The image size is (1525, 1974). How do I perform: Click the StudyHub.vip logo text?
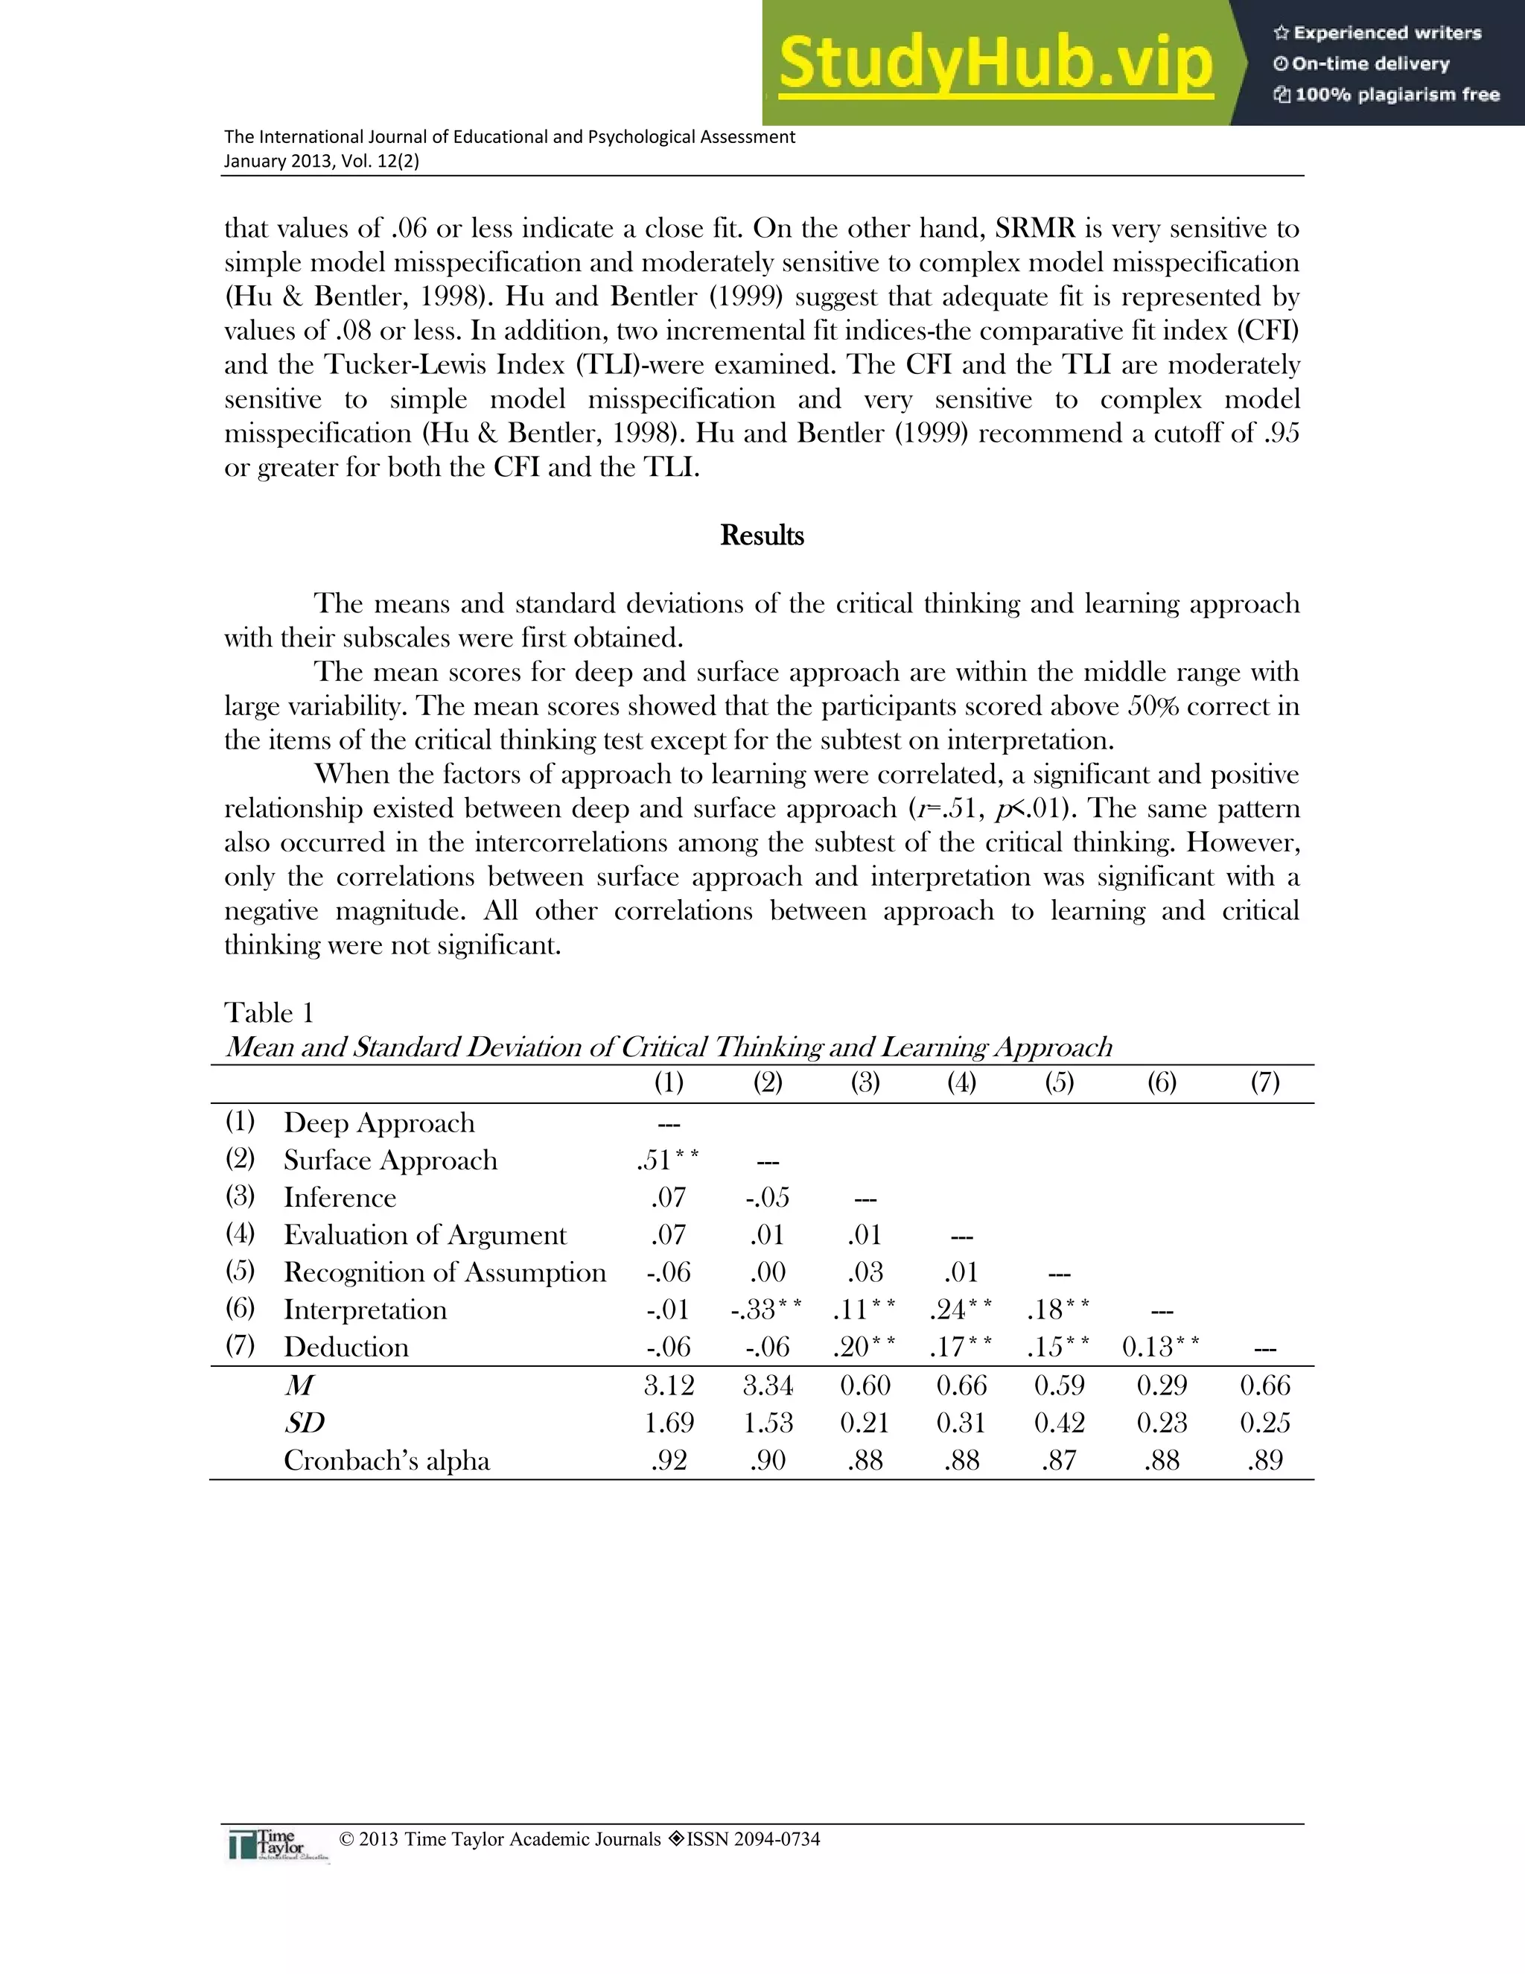pos(995,63)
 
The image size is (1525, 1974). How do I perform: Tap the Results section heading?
pos(762,535)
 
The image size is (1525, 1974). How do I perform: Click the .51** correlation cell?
pos(668,1160)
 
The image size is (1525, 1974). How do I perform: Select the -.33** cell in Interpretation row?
pos(766,1309)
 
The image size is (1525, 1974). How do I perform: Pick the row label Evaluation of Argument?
pos(424,1234)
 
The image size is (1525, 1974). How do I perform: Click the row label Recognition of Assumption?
pos(445,1272)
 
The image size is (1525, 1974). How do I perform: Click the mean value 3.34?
pos(768,1386)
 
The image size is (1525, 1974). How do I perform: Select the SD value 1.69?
pos(669,1423)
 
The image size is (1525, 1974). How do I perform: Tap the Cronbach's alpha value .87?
pos(1059,1461)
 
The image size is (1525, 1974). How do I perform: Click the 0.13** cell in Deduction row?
pos(1161,1347)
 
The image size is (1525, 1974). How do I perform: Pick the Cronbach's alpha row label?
pos(386,1461)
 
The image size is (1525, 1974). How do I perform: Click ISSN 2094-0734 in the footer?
pos(753,1839)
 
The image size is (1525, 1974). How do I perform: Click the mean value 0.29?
pos(1161,1386)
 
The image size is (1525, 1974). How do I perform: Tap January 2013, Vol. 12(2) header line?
pos(322,161)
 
